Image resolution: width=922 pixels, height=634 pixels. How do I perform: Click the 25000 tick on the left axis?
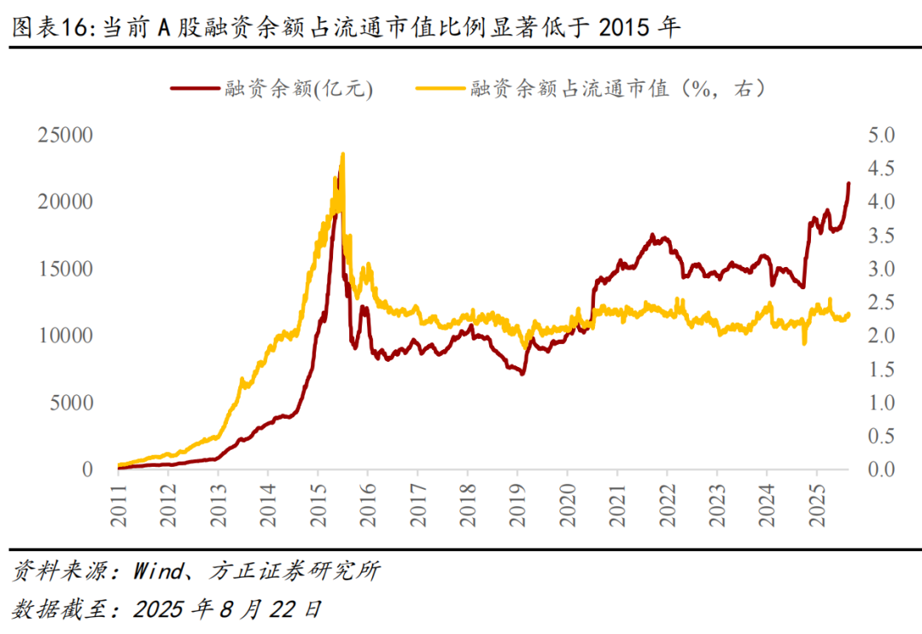click(65, 135)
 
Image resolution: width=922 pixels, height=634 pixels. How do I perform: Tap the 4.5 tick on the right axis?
click(879, 169)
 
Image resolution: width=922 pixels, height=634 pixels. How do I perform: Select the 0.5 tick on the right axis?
click(879, 436)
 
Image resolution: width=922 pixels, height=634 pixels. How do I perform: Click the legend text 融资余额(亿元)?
click(299, 88)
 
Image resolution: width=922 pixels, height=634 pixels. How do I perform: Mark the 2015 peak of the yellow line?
click(342, 154)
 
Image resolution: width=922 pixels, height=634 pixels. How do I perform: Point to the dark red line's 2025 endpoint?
click(849, 183)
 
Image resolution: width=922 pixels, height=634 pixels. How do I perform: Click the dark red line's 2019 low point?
click(522, 374)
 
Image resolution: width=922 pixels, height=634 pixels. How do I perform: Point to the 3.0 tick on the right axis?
click(879, 269)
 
